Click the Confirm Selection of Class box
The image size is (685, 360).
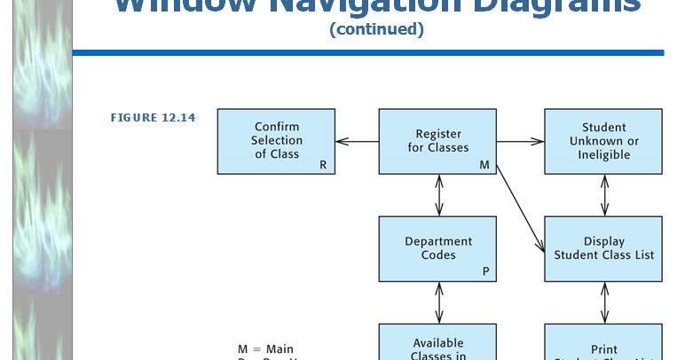[276, 141]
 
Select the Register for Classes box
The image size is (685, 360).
[438, 141]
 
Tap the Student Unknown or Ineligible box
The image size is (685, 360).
[603, 141]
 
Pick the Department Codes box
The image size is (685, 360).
[438, 248]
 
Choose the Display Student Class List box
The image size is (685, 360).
[603, 248]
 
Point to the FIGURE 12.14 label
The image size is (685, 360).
[153, 117]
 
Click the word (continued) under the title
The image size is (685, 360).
[376, 29]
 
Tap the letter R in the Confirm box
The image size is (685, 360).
[323, 165]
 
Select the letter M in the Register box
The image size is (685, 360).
[484, 165]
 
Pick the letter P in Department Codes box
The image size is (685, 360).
[485, 272]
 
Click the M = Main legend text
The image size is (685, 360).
[265, 349]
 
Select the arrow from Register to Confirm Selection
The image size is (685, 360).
[357, 141]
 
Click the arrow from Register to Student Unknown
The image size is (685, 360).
[521, 141]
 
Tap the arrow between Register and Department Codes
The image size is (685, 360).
[438, 195]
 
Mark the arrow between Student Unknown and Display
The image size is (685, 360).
[604, 195]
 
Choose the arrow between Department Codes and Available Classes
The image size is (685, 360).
[438, 302]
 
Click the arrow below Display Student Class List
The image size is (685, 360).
[604, 302]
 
